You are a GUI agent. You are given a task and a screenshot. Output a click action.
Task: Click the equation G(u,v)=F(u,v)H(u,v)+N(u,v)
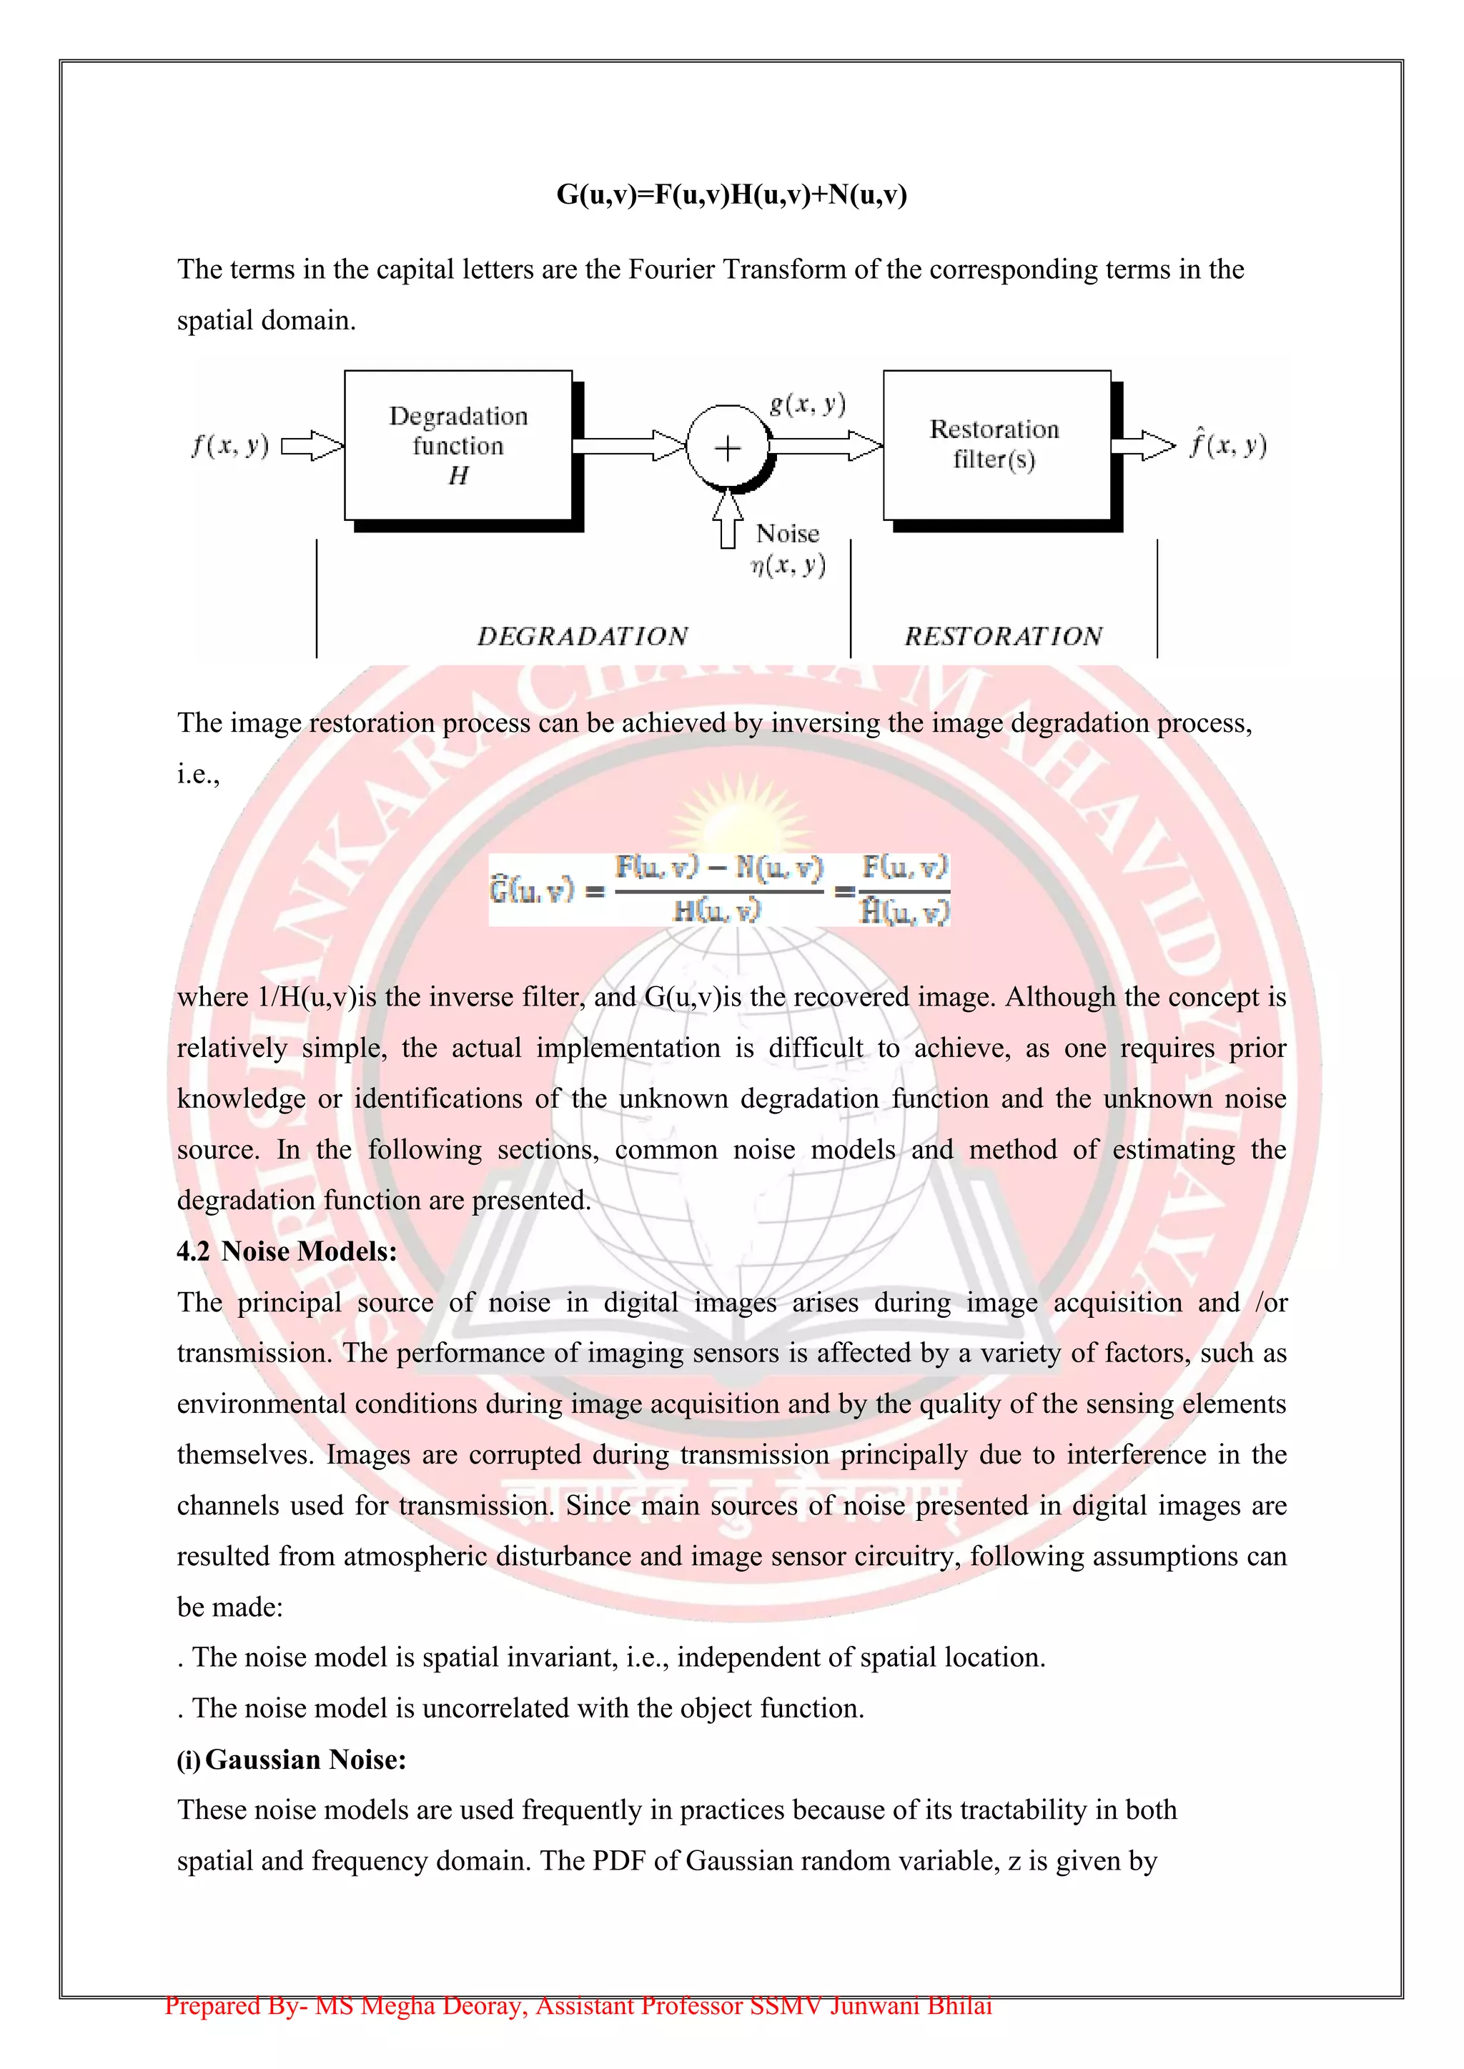point(731,194)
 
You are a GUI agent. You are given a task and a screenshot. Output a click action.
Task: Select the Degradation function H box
point(458,445)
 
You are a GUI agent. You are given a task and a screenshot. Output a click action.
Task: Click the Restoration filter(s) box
point(995,445)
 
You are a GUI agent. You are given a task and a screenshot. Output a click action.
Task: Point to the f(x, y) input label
point(230,445)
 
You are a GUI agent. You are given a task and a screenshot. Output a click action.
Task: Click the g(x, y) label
point(808,404)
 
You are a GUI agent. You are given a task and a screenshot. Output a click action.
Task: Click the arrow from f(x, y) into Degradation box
point(312,446)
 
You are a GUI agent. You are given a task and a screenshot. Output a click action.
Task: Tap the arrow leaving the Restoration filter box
point(1143,445)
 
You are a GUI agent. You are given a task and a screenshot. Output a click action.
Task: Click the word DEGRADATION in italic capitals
point(583,636)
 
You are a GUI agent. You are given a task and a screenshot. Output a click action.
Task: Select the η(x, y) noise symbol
point(788,566)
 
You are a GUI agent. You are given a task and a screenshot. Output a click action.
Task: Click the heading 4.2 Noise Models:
point(287,1251)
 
